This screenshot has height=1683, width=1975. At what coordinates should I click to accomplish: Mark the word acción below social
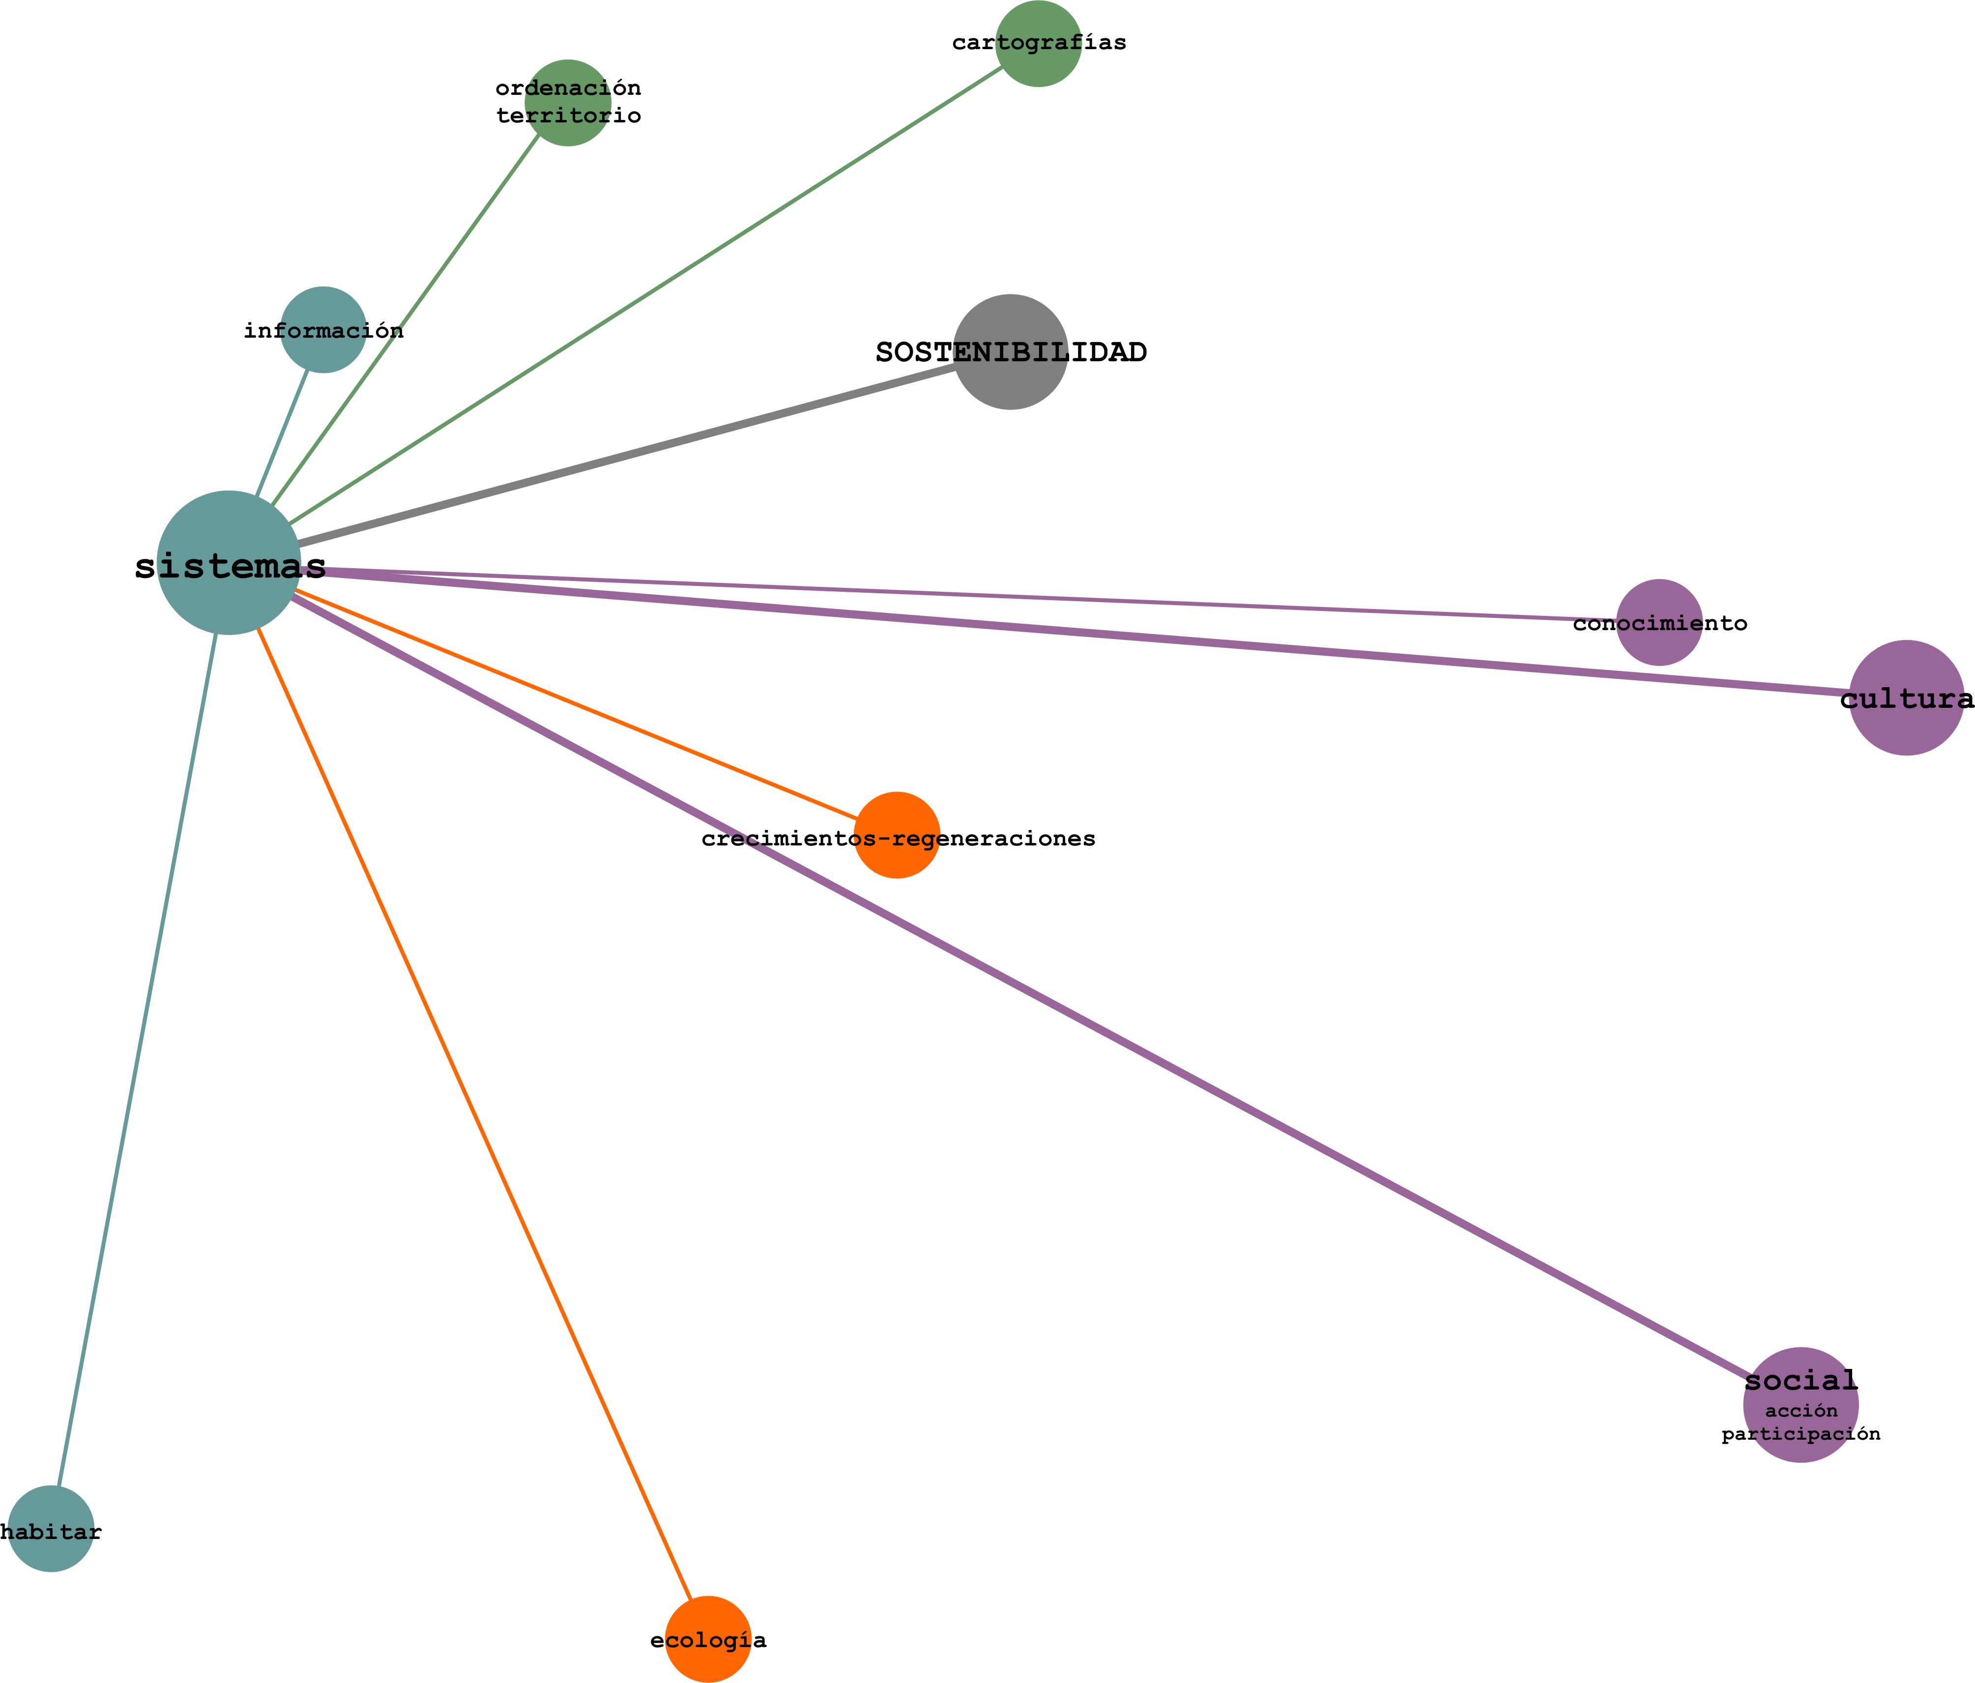point(1801,1411)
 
